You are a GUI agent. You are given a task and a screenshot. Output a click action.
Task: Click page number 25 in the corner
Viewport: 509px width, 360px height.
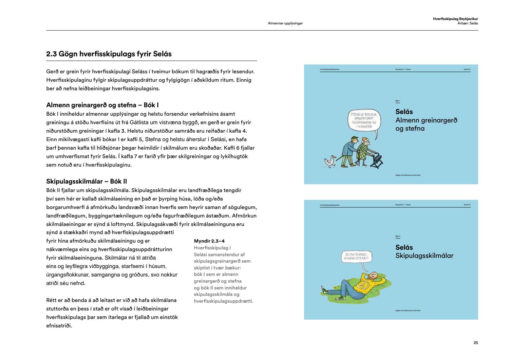click(x=476, y=343)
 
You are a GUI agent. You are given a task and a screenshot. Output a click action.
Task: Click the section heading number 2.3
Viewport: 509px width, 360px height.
click(x=52, y=54)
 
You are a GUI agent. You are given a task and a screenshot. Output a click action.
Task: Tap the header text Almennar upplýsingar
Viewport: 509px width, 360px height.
click(x=285, y=23)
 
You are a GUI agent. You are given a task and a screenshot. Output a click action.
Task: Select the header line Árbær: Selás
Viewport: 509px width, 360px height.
click(x=468, y=23)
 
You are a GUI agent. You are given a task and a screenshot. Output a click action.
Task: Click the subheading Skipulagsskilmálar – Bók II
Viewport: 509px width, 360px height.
click(x=87, y=182)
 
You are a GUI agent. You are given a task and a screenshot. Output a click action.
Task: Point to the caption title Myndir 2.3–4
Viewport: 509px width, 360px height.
click(x=209, y=241)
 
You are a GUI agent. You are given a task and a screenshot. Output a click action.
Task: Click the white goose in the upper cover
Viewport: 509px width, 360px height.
click(x=329, y=162)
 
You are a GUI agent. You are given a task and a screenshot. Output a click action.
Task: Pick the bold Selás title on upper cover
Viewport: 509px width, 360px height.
click(x=404, y=112)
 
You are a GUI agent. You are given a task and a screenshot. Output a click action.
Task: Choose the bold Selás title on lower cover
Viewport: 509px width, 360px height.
click(x=404, y=247)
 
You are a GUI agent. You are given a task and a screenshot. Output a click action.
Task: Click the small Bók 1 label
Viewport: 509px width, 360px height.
click(x=398, y=101)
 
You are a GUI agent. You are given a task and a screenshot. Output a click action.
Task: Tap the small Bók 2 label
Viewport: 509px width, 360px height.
click(x=398, y=236)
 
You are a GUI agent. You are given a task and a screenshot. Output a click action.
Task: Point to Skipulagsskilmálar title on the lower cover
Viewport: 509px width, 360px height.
click(x=424, y=256)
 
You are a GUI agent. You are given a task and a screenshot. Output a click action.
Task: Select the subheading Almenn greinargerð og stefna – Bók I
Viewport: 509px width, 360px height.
click(x=102, y=105)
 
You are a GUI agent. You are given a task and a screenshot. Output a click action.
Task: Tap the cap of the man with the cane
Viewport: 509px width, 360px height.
click(x=355, y=138)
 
